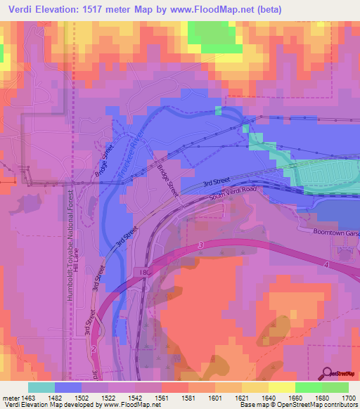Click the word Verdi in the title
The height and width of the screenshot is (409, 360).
tap(25, 10)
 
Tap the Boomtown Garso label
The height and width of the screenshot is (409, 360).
tap(328, 230)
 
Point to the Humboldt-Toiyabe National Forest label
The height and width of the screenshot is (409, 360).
tap(70, 246)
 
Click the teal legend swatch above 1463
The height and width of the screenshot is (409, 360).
tap(41, 387)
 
